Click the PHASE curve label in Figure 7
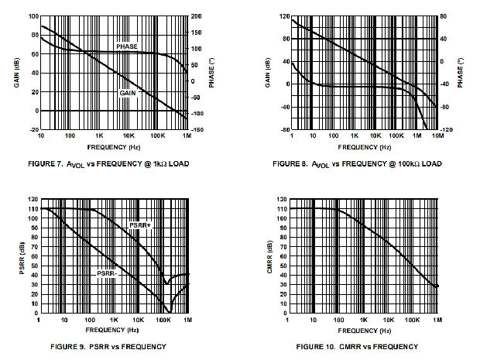(127, 47)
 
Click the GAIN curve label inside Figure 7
(128, 93)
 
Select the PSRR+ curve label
(139, 225)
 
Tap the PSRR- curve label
(108, 273)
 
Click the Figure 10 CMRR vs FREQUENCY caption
(357, 345)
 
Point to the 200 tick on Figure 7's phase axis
(196, 15)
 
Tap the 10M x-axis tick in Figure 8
(438, 136)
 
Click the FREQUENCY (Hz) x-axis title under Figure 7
(115, 146)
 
